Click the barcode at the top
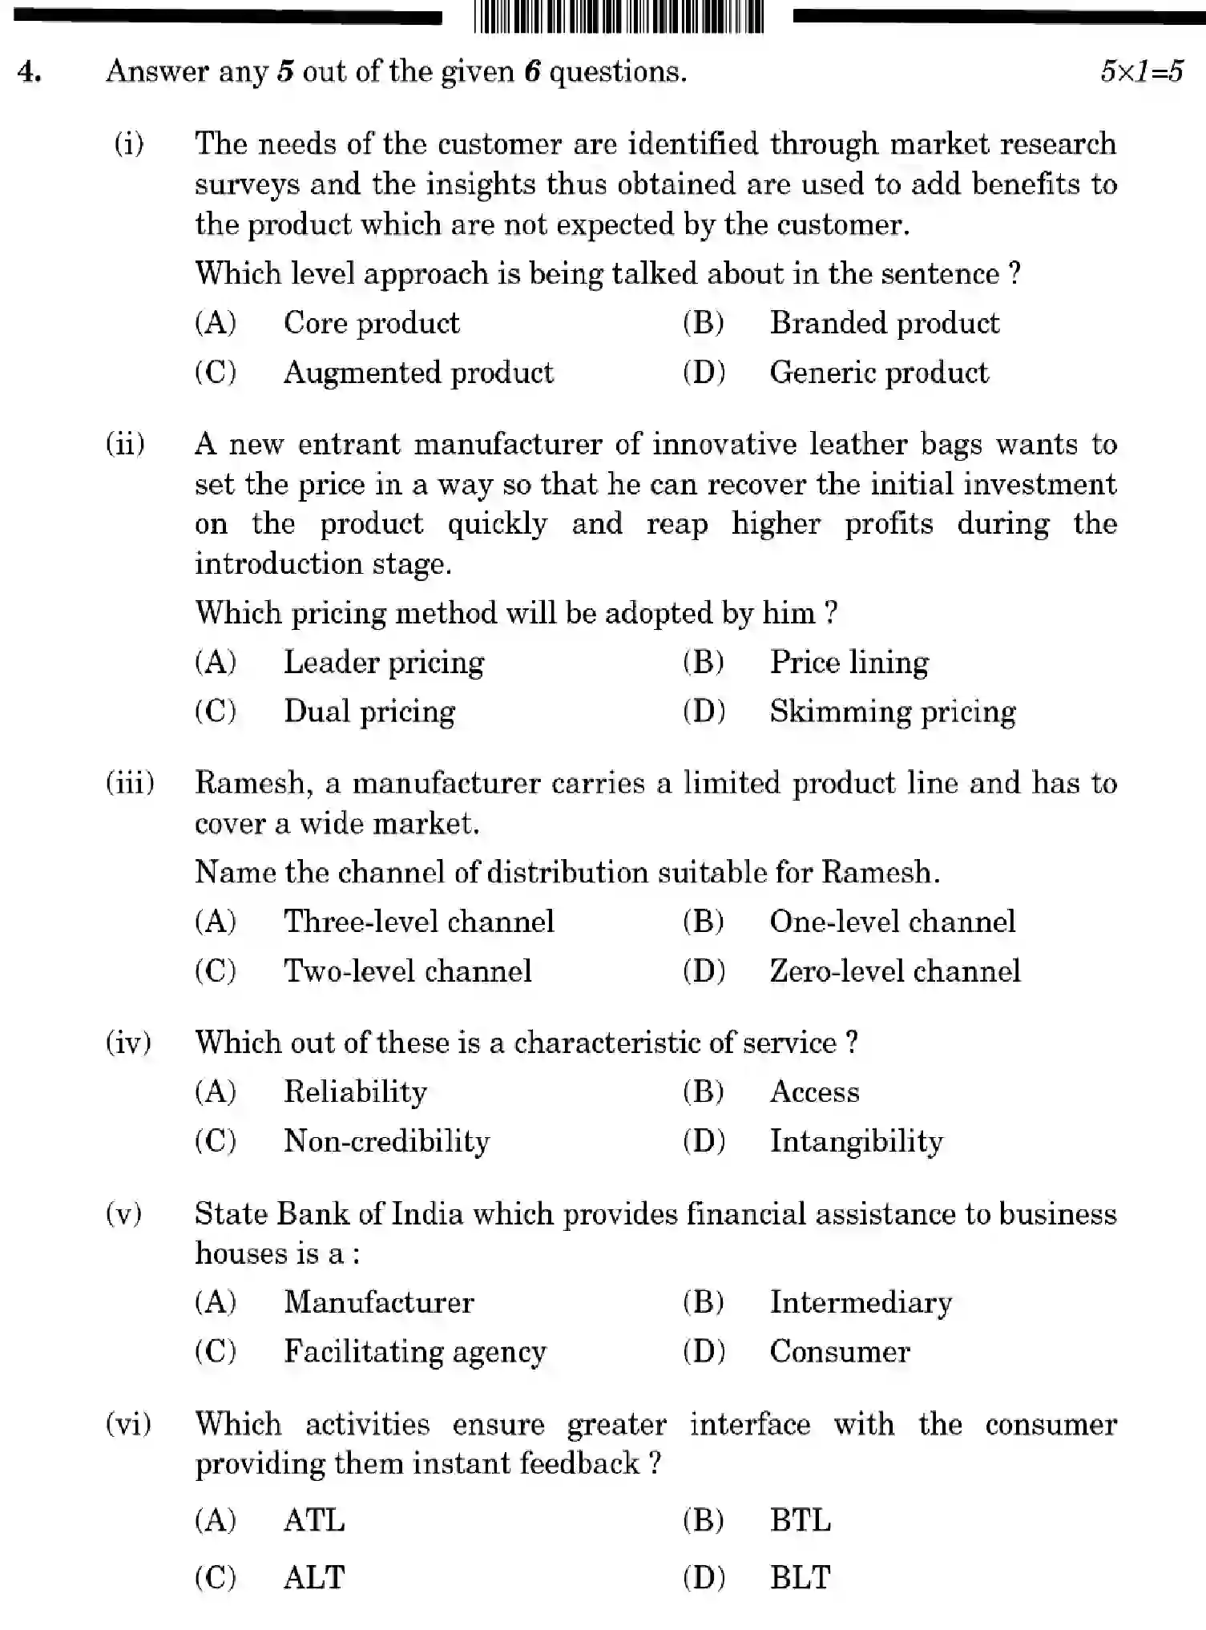[x=618, y=18]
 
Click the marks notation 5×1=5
[x=1141, y=71]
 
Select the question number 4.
[x=30, y=72]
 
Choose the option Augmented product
[x=417, y=373]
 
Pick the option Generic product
[x=878, y=373]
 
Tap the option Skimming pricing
[x=892, y=712]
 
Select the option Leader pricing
[x=383, y=663]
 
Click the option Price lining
[x=849, y=663]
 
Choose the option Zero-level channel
[x=894, y=971]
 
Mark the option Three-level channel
[x=418, y=922]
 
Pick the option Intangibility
[x=856, y=1141]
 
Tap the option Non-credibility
[x=386, y=1141]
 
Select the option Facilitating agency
[x=414, y=1352]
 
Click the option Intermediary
[x=861, y=1302]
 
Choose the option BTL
[x=800, y=1520]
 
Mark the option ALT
[x=313, y=1577]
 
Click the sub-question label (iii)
[x=130, y=783]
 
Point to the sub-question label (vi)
[x=128, y=1424]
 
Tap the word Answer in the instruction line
[x=157, y=72]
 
